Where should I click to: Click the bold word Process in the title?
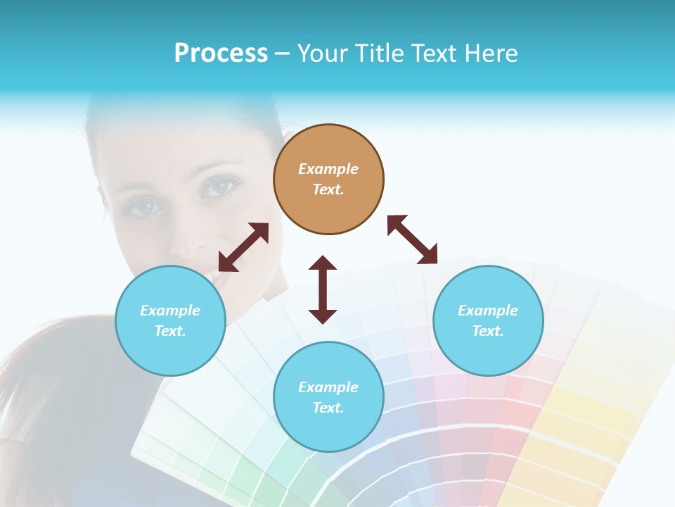click(x=221, y=54)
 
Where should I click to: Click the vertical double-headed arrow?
click(x=323, y=289)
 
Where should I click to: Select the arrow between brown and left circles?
click(x=243, y=247)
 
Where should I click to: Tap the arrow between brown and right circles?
click(x=412, y=239)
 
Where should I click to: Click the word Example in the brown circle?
click(x=328, y=169)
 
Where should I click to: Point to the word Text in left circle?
click(x=170, y=331)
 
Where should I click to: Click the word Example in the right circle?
click(x=488, y=311)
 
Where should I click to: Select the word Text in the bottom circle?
click(x=328, y=408)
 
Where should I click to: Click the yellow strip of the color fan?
click(x=577, y=423)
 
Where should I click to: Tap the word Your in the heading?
click(x=322, y=54)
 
